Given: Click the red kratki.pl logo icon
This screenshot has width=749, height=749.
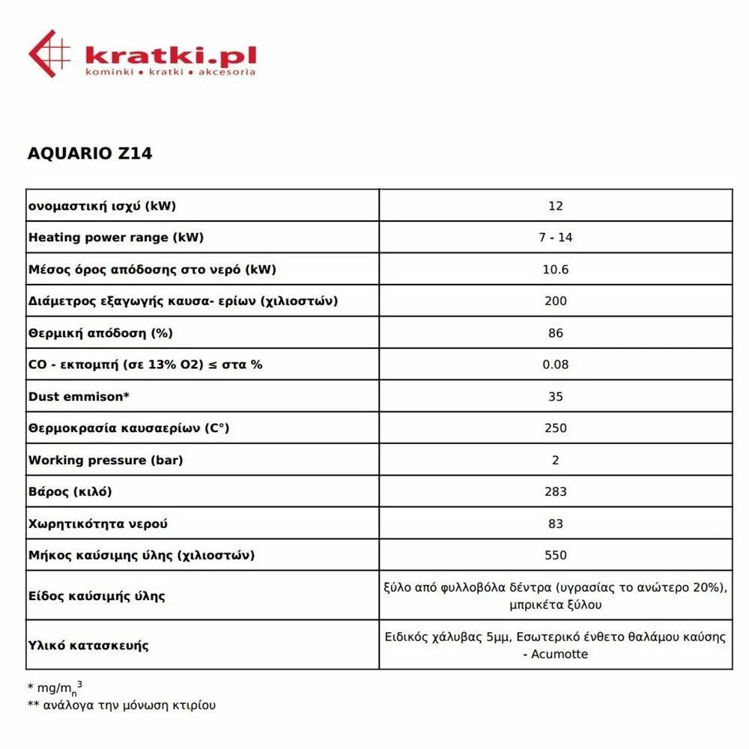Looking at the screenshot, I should point(49,53).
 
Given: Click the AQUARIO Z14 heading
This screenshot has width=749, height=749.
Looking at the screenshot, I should point(90,154).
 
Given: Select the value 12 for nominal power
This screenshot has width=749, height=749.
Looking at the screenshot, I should point(555,206).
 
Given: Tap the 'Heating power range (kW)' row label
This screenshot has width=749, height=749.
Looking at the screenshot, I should point(116,237).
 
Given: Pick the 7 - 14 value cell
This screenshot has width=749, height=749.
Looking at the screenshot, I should point(555,237).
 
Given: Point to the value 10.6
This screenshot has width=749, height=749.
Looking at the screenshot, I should point(555,270).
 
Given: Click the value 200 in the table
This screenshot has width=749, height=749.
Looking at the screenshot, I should point(555,301).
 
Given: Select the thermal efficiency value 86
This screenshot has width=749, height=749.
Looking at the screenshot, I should point(555,333).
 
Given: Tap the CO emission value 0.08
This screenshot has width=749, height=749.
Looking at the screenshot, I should point(555,365).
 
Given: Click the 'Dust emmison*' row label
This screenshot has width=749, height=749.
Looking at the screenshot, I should point(79,396).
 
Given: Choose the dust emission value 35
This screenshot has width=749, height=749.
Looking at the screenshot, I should point(555,396).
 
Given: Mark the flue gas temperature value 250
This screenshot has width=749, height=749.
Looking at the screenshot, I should point(555,428).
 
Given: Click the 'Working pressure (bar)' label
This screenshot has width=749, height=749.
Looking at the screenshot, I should point(106,460).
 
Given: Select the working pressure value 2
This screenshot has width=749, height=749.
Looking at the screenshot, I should point(555,460).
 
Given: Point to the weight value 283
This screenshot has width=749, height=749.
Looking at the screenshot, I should point(555,492).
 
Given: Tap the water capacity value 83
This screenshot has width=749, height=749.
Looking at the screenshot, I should point(555,524).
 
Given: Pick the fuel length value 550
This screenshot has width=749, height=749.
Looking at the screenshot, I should point(555,556).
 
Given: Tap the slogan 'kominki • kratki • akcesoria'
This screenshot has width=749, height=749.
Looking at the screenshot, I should point(171,72).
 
